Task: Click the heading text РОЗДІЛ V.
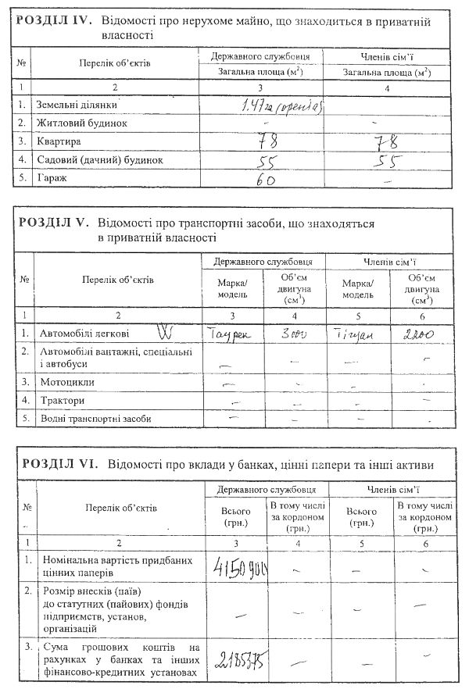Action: coord(53,224)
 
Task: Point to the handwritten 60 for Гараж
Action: coord(267,179)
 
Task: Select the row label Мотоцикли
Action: coord(67,382)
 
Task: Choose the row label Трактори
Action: coord(63,400)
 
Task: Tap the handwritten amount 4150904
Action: coord(237,565)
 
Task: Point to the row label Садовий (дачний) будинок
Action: coord(97,160)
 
